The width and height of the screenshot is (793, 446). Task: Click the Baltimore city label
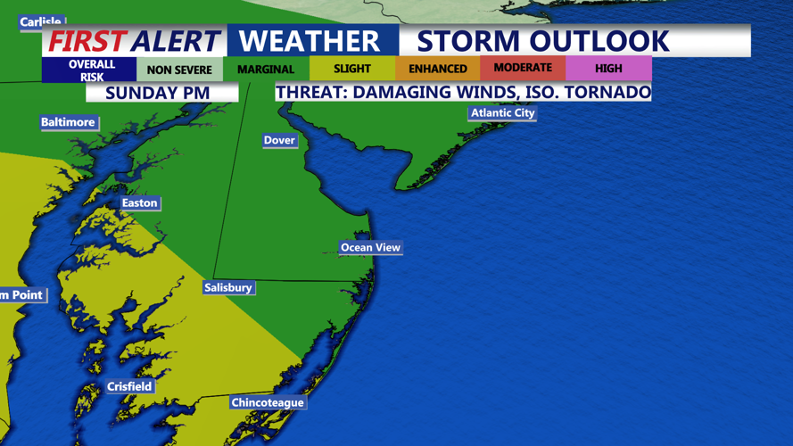click(68, 122)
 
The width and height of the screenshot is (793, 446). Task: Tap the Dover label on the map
click(279, 140)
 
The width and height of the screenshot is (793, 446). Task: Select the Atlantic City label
click(503, 113)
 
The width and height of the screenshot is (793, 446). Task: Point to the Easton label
click(139, 203)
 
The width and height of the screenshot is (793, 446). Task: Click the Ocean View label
click(370, 247)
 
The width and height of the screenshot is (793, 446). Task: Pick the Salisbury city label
click(227, 287)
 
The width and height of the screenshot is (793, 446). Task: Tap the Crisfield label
click(129, 386)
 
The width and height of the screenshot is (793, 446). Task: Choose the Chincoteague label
click(268, 402)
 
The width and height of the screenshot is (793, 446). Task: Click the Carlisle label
click(40, 21)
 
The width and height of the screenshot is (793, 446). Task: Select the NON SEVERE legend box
click(179, 70)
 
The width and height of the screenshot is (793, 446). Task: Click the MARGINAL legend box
click(266, 70)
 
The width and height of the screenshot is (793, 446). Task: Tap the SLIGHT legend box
click(352, 69)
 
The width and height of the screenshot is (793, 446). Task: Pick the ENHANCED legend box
click(437, 69)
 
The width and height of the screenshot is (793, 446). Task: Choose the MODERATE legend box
click(523, 68)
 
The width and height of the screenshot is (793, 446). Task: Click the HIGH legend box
click(608, 69)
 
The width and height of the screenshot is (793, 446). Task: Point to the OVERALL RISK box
click(92, 70)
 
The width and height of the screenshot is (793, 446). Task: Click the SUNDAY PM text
click(158, 93)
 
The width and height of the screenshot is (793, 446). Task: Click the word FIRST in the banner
click(87, 41)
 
